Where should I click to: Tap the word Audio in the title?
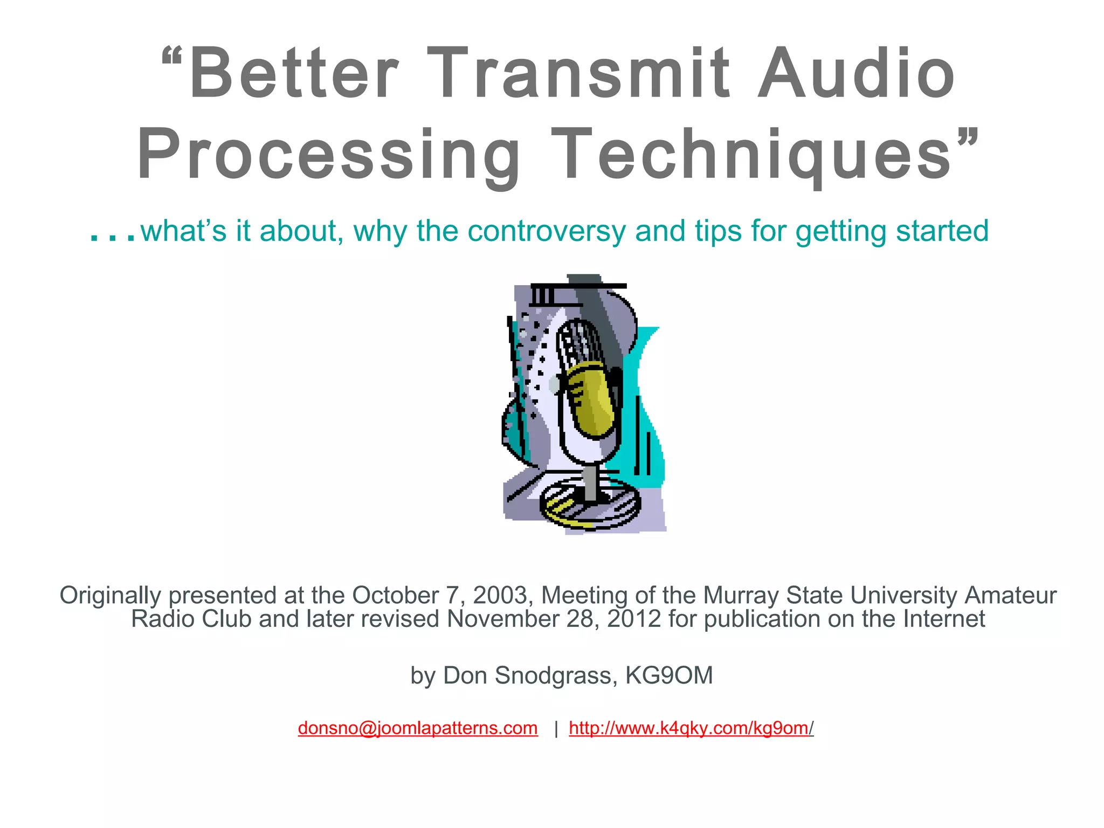(857, 74)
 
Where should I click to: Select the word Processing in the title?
(329, 155)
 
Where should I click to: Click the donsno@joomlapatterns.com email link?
(418, 728)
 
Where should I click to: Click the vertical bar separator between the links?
(556, 730)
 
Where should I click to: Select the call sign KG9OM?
(669, 675)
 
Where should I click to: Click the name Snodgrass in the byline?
(555, 675)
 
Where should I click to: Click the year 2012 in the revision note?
(634, 619)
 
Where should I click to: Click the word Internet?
(944, 619)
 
